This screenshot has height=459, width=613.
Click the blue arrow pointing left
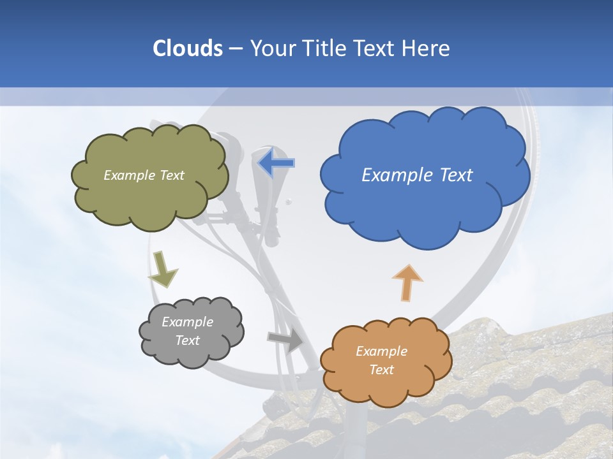click(276, 163)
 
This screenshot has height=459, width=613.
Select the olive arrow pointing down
click(162, 268)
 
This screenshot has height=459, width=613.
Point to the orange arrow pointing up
click(407, 282)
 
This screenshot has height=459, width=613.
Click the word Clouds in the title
click(187, 48)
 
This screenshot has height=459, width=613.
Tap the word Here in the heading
click(427, 48)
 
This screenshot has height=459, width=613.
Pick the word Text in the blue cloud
click(456, 175)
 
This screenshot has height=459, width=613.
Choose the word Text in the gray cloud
click(188, 340)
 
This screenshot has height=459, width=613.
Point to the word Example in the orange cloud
click(381, 351)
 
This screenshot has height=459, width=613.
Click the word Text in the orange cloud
click(381, 370)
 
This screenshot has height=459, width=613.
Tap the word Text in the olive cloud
click(171, 175)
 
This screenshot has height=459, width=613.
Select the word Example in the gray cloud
click(188, 322)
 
